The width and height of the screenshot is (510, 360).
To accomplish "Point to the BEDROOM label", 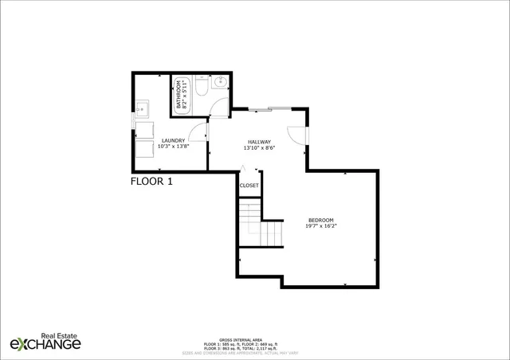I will tap(320, 220).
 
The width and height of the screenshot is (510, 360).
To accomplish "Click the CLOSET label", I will tap(249, 185).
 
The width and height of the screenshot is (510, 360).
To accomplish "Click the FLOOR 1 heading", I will tap(151, 181).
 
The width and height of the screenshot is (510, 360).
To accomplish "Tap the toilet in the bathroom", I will tap(202, 86).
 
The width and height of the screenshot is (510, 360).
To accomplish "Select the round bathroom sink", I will tap(221, 82).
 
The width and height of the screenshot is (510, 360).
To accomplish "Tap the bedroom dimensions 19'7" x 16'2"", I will tap(320, 227).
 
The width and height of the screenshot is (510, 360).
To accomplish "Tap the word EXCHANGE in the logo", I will tap(45, 344).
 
